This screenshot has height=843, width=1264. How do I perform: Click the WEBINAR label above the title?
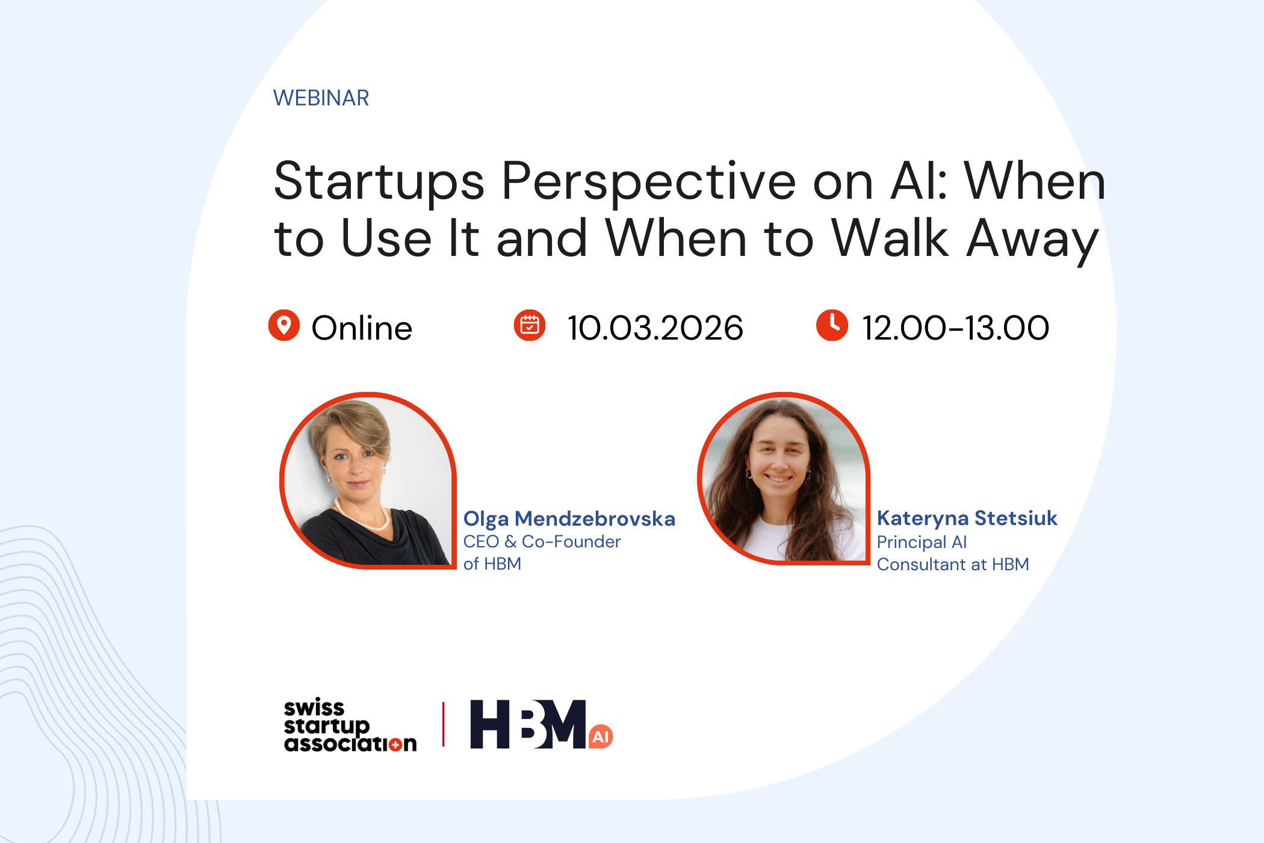[321, 98]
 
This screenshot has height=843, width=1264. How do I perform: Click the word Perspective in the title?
[649, 182]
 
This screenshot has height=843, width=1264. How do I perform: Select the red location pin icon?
[284, 326]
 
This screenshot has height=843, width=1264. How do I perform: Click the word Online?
[362, 328]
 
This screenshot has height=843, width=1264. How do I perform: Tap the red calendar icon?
[530, 326]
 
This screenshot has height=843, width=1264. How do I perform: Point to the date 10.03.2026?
[655, 328]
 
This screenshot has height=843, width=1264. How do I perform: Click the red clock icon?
[832, 326]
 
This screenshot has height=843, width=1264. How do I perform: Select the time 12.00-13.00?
[956, 328]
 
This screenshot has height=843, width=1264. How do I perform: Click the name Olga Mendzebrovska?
[569, 518]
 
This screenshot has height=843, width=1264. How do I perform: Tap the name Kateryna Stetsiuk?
[967, 518]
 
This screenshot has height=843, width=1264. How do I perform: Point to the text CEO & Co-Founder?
[542, 541]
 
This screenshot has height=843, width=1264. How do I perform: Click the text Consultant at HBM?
[953, 564]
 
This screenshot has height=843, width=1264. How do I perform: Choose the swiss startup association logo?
[350, 726]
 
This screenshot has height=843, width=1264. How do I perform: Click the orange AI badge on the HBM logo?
[601, 736]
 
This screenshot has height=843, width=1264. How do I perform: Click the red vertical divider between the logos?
[444, 724]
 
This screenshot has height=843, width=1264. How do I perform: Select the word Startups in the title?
[379, 182]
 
